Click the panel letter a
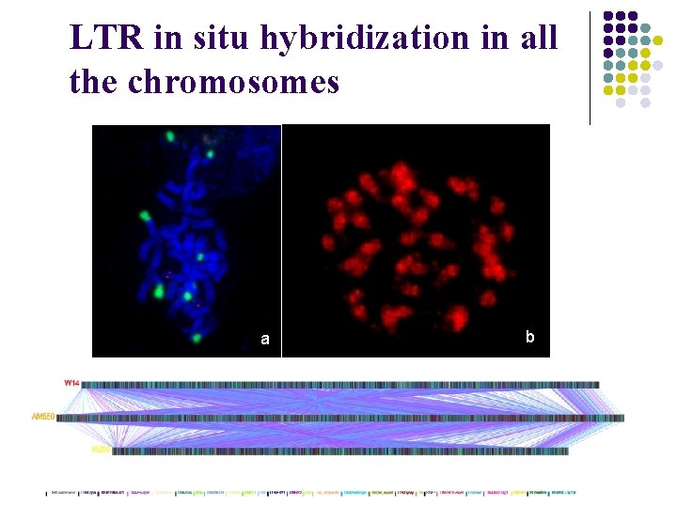tap(265, 339)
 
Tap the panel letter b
tap(530, 336)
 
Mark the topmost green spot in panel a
tap(171, 136)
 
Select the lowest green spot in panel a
tap(197, 337)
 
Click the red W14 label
tap(71, 383)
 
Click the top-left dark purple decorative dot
tap(608, 17)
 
